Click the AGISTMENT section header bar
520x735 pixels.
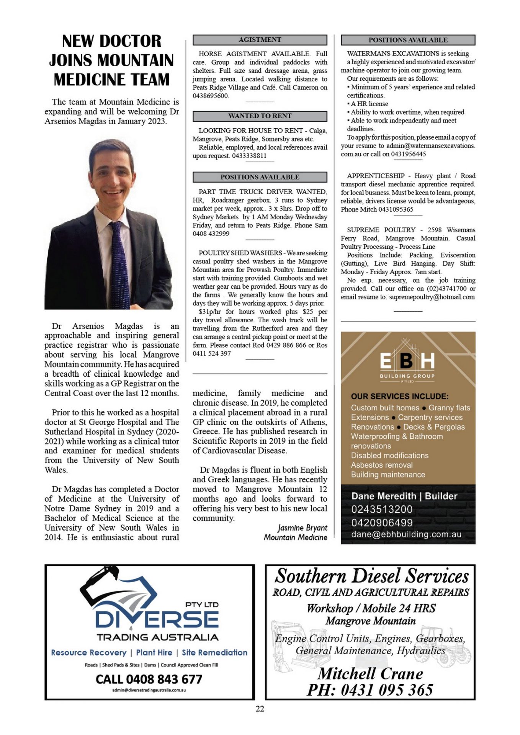260,40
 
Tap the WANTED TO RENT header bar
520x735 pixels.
260,116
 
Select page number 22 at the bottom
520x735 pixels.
260,709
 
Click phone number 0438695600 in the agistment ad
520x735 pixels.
211,96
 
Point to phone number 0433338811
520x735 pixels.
249,156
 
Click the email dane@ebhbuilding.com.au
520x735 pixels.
406,534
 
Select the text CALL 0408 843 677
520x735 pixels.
149,679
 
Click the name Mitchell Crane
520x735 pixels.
370,673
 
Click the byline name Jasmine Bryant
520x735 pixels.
303,528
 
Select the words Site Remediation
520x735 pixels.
214,652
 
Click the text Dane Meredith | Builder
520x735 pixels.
404,496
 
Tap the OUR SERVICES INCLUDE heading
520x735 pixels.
399,396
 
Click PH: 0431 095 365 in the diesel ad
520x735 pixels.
370,690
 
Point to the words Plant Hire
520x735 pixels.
154,652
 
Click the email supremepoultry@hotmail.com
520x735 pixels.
432,297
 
